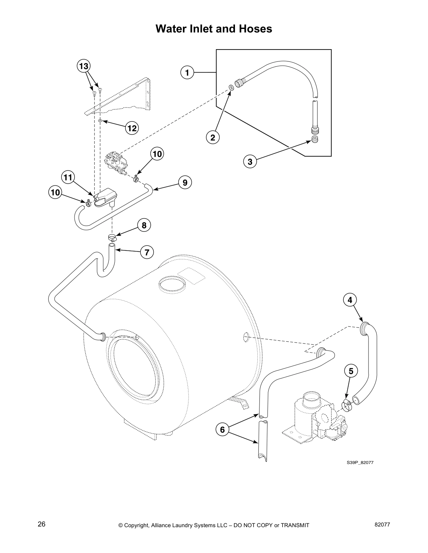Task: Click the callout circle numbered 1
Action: point(187,73)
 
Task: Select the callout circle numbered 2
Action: point(213,137)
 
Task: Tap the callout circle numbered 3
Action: point(250,162)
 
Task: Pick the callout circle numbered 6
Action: point(222,429)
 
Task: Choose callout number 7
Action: point(147,252)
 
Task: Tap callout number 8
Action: point(144,225)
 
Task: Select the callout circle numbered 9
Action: point(185,182)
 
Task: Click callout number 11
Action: point(68,177)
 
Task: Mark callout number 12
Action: point(132,128)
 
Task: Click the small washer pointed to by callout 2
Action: point(231,87)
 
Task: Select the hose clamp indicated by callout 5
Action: point(346,406)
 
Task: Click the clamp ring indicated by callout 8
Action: point(112,238)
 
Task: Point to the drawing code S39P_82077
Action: point(360,463)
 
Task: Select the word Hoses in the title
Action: point(255,29)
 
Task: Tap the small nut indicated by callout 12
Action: point(100,121)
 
